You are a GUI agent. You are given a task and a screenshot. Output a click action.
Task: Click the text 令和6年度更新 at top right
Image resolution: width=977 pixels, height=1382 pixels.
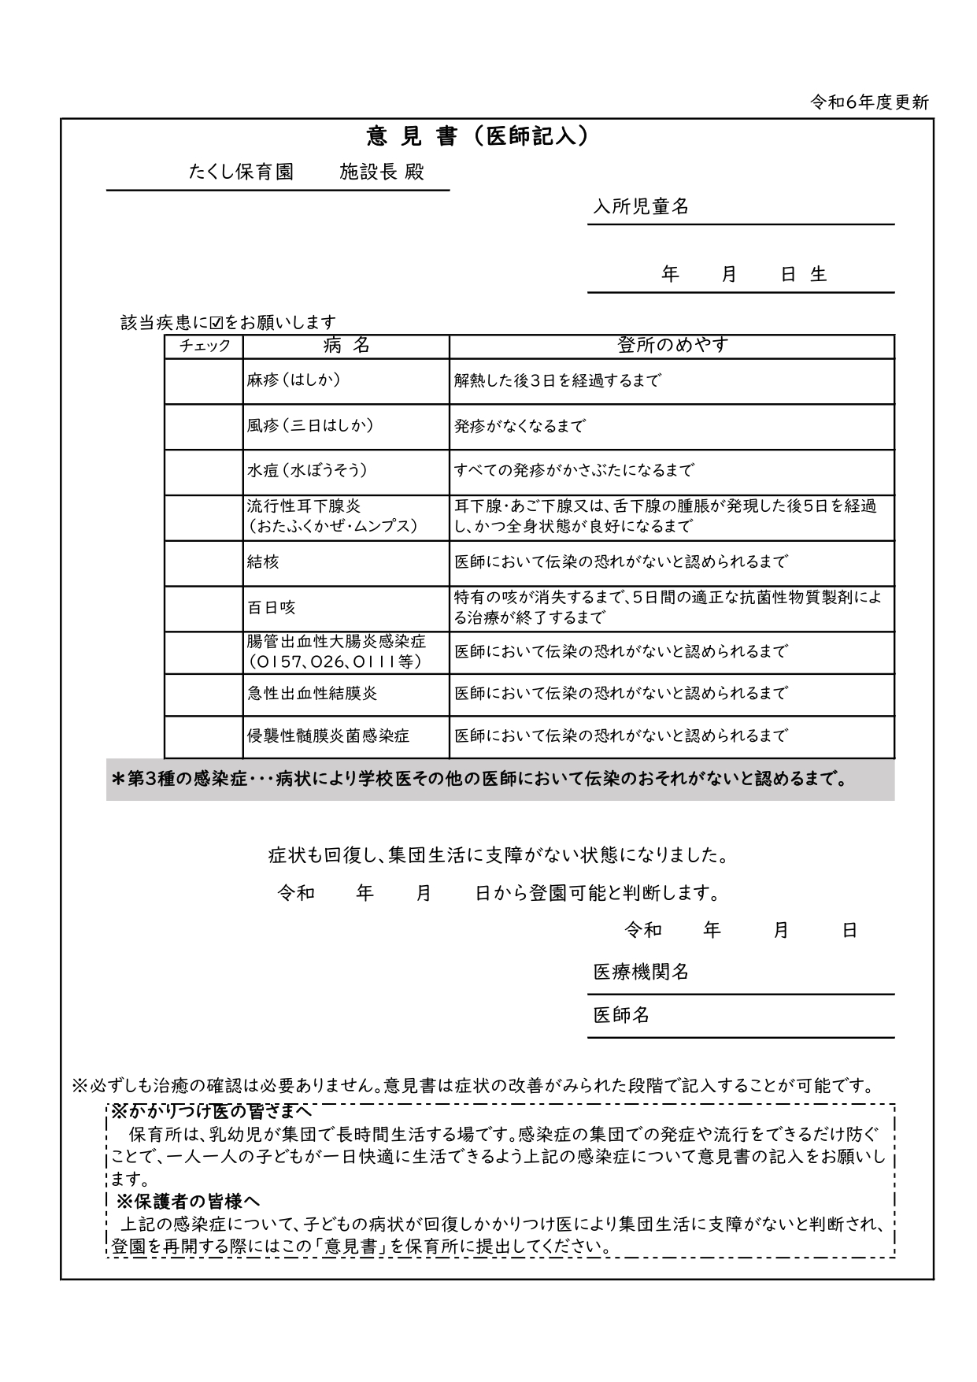click(870, 102)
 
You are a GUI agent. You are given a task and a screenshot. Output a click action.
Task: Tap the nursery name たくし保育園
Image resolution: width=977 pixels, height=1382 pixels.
click(241, 172)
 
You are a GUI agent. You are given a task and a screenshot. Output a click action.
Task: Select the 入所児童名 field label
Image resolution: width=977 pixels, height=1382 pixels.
click(641, 207)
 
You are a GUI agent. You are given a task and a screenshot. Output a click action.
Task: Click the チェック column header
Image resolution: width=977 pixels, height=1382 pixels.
click(204, 346)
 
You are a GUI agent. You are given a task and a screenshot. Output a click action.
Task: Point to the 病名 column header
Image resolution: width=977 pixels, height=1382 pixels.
click(346, 346)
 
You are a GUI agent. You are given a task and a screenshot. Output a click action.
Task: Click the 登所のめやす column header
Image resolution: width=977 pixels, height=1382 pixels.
click(672, 345)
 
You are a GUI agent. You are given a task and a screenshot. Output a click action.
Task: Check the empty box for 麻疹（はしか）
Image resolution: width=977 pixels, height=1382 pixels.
click(204, 381)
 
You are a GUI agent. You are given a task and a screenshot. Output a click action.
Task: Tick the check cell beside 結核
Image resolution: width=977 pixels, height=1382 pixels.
click(204, 563)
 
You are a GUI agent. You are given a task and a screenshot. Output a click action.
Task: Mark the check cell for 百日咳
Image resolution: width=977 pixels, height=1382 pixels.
click(204, 608)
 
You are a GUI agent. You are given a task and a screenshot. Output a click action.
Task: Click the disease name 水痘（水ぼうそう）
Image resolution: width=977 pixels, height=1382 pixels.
click(307, 471)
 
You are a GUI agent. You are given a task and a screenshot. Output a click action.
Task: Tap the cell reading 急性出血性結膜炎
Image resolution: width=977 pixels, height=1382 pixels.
click(313, 694)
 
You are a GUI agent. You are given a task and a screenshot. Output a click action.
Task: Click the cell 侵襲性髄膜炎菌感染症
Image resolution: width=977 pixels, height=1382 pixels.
click(328, 736)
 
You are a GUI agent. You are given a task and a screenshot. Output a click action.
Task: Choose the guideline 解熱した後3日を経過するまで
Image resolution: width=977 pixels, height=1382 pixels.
click(557, 381)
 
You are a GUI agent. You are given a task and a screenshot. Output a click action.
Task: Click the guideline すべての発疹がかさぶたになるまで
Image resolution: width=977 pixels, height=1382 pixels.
click(574, 471)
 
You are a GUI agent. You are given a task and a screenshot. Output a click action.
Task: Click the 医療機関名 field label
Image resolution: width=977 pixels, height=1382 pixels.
click(641, 973)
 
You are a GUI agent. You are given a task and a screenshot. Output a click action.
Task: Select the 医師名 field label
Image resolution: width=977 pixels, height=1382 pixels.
click(621, 1016)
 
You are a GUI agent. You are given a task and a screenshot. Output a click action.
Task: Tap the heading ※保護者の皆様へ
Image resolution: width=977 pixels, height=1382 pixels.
click(188, 1202)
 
